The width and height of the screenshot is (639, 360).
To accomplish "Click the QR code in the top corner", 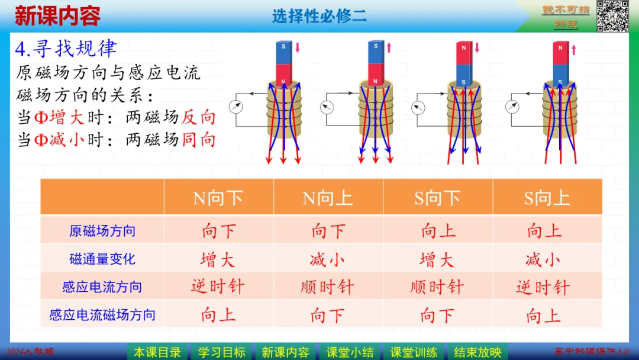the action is point(612,16).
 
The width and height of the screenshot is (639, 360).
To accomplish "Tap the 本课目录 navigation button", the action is point(157,352).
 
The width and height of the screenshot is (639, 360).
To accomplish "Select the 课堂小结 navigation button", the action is point(350,352).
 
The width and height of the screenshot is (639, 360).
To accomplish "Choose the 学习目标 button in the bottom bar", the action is point(222,352).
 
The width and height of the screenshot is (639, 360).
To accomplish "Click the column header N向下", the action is point(218,198).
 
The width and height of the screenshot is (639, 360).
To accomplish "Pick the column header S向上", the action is point(547,198).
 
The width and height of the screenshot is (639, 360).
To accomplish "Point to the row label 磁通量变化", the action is point(102,259).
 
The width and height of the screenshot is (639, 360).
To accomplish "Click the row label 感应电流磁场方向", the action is point(102,315).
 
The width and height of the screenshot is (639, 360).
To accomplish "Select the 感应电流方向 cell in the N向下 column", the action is point(218,287).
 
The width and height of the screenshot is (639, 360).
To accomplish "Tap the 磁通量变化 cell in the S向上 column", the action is point(543,259).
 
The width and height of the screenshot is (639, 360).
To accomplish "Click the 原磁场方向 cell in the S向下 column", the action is point(438,231).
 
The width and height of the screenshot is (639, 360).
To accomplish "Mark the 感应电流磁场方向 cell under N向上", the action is point(327,315).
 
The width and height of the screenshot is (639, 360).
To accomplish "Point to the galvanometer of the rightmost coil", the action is point(513,107).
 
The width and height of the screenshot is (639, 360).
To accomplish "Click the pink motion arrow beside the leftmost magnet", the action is point(298,47).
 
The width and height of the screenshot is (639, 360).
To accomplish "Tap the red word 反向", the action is point(199,117).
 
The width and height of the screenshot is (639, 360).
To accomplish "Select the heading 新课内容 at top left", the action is point(57,16).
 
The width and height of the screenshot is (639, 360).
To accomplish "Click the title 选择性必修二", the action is point(319,16).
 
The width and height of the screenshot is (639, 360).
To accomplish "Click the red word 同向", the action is point(199,140).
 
